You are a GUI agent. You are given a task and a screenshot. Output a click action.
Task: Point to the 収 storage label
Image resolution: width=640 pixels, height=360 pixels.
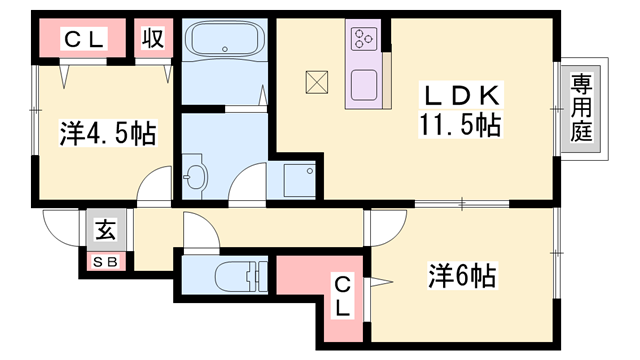tap(152, 40)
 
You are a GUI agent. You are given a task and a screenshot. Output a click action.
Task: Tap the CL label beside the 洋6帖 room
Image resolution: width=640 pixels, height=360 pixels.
tap(342, 296)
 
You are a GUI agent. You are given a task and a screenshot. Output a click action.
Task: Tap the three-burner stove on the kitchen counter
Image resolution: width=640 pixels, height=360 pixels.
tap(362, 39)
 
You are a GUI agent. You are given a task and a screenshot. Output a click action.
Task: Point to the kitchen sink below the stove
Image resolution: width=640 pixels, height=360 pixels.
tap(363, 84)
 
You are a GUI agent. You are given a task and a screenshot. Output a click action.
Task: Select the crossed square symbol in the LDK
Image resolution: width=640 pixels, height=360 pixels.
tap(317, 81)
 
